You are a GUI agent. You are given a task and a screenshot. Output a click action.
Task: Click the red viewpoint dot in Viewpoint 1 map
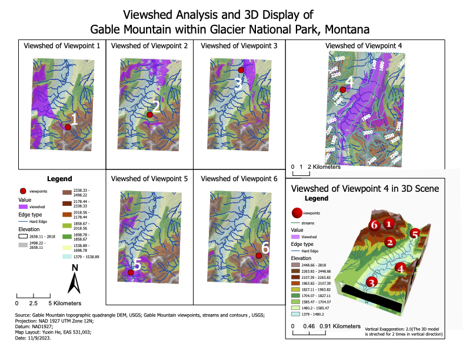pyautogui.click(x=68, y=126)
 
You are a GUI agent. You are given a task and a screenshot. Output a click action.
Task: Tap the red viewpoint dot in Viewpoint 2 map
pyautogui.click(x=149, y=115)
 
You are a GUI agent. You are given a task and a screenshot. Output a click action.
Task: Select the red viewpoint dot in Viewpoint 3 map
pyautogui.click(x=241, y=70)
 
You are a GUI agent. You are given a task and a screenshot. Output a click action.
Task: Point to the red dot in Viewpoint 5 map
pyautogui.click(x=130, y=272)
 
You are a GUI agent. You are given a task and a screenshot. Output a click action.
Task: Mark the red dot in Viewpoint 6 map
pyautogui.click(x=258, y=255)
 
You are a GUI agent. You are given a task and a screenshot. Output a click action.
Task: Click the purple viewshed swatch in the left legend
pyautogui.click(x=24, y=207)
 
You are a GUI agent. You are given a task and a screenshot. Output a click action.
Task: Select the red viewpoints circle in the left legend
pyautogui.click(x=23, y=191)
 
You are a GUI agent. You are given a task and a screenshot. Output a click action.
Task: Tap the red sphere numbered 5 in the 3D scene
pyautogui.click(x=415, y=234)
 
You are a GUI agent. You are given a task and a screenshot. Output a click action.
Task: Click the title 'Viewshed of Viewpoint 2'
pyautogui.click(x=149, y=46)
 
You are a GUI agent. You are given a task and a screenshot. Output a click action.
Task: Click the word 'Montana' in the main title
pyautogui.click(x=346, y=28)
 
